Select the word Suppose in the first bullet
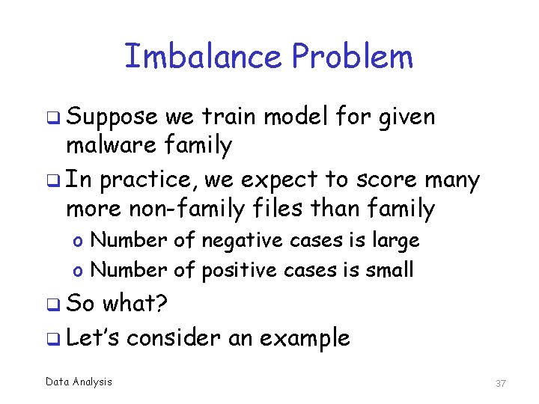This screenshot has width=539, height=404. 112,118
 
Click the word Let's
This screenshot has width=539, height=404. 93,337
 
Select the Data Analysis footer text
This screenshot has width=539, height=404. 79,382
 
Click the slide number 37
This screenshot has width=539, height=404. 501,383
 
